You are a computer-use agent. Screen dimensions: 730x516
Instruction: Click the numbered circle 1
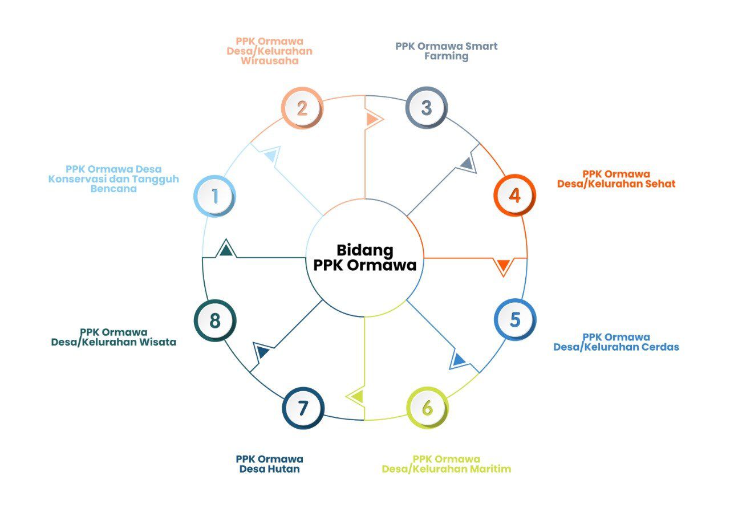214,196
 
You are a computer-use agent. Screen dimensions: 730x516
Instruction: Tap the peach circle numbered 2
302,108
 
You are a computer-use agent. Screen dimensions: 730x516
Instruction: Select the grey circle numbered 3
427,108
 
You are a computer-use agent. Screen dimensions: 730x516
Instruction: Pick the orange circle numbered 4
515,196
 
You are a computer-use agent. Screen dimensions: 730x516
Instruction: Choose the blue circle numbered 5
515,319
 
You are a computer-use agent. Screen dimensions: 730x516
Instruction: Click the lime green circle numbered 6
427,408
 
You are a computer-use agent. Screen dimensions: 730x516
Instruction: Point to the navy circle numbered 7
303,408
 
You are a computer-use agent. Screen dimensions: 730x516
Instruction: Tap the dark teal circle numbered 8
215,320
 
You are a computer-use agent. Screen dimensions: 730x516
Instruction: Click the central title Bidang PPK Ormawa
365,258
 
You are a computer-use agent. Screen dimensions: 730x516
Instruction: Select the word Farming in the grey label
447,56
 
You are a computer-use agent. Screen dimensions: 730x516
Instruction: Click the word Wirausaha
270,60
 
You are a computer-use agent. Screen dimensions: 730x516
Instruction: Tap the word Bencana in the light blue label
113,189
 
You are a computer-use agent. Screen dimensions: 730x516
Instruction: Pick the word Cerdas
660,347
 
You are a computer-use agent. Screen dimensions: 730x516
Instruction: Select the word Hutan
283,469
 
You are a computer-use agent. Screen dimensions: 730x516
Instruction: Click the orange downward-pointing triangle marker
504,266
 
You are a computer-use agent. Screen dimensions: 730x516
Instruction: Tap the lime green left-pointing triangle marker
355,397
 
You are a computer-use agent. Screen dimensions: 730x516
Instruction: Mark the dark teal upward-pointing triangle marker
226,249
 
